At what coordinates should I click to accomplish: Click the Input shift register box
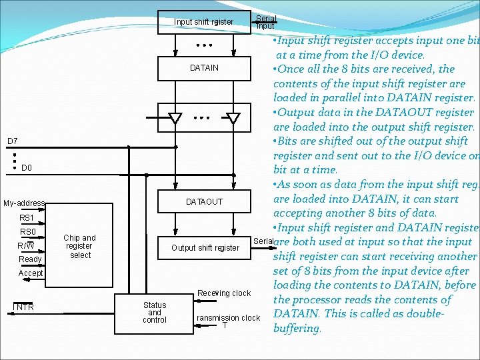tap(204, 21)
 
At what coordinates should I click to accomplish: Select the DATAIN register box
tap(204, 68)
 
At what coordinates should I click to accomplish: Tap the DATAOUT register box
tap(204, 201)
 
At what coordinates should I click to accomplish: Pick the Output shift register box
tap(205, 248)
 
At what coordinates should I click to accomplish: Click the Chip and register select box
tap(80, 246)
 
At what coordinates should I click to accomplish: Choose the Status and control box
tap(155, 312)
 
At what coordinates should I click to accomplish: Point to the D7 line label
tap(13, 141)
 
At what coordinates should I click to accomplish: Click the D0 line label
tap(27, 168)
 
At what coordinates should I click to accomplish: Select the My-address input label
tap(24, 203)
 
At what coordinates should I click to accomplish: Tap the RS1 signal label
tap(27, 218)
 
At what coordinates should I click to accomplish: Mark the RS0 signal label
tap(27, 232)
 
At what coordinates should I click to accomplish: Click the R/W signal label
tap(27, 246)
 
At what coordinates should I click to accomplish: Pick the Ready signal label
tap(30, 259)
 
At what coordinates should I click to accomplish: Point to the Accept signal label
tap(31, 273)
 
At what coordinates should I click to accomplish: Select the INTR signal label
tap(25, 307)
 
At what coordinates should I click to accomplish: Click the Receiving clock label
tap(224, 293)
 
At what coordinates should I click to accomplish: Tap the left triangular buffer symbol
tap(175, 119)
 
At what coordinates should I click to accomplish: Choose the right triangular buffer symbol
tap(233, 119)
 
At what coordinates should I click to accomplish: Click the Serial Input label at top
tap(265, 22)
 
